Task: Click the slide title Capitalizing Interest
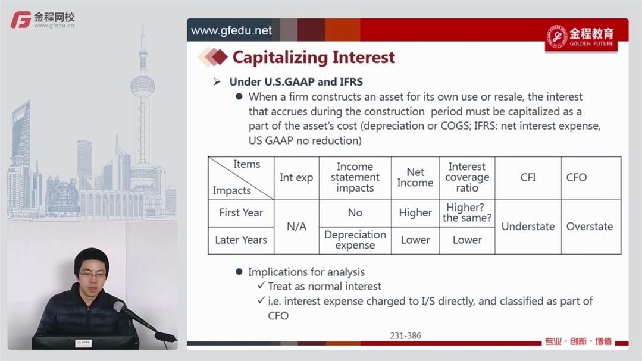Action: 314,57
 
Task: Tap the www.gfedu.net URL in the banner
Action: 231,30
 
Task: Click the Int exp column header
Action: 296,178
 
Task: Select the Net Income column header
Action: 415,178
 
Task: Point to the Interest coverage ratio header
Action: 467,177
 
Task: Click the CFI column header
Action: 528,177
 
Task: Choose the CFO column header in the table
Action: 577,177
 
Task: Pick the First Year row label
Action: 241,213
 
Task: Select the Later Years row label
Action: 241,240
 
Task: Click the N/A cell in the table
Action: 296,227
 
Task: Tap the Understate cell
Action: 528,227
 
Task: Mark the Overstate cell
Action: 590,227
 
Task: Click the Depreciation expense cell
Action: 355,240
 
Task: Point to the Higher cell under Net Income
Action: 415,213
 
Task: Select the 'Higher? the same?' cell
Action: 467,213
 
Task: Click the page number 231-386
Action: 405,335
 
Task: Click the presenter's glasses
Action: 93,274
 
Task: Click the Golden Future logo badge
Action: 581,37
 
